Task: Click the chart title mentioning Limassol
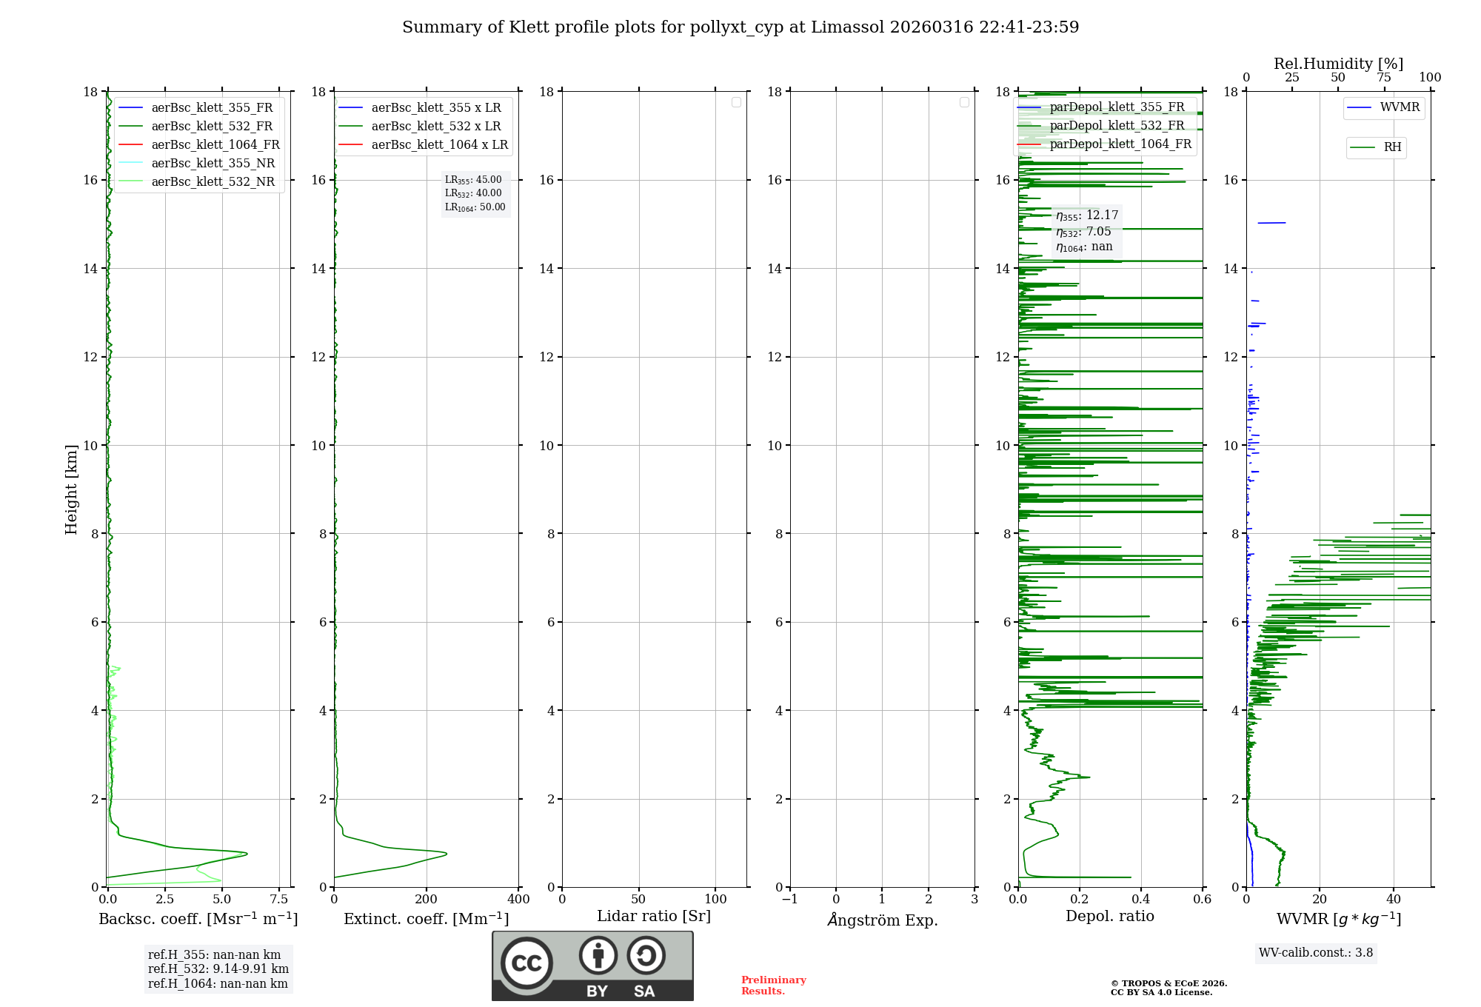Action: click(740, 27)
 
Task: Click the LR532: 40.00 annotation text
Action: click(473, 193)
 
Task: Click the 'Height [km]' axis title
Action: click(71, 489)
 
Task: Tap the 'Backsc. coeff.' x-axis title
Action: click(198, 919)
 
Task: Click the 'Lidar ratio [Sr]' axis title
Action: click(653, 917)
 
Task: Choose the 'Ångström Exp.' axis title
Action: click(882, 920)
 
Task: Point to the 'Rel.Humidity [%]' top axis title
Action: click(1338, 64)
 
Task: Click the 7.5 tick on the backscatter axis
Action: click(279, 900)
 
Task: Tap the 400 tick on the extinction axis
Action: click(518, 900)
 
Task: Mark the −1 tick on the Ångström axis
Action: click(789, 900)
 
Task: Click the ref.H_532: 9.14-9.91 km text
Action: click(218, 969)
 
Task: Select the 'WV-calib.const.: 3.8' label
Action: click(1316, 953)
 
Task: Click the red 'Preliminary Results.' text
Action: click(773, 986)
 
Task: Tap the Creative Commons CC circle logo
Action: click(526, 963)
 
